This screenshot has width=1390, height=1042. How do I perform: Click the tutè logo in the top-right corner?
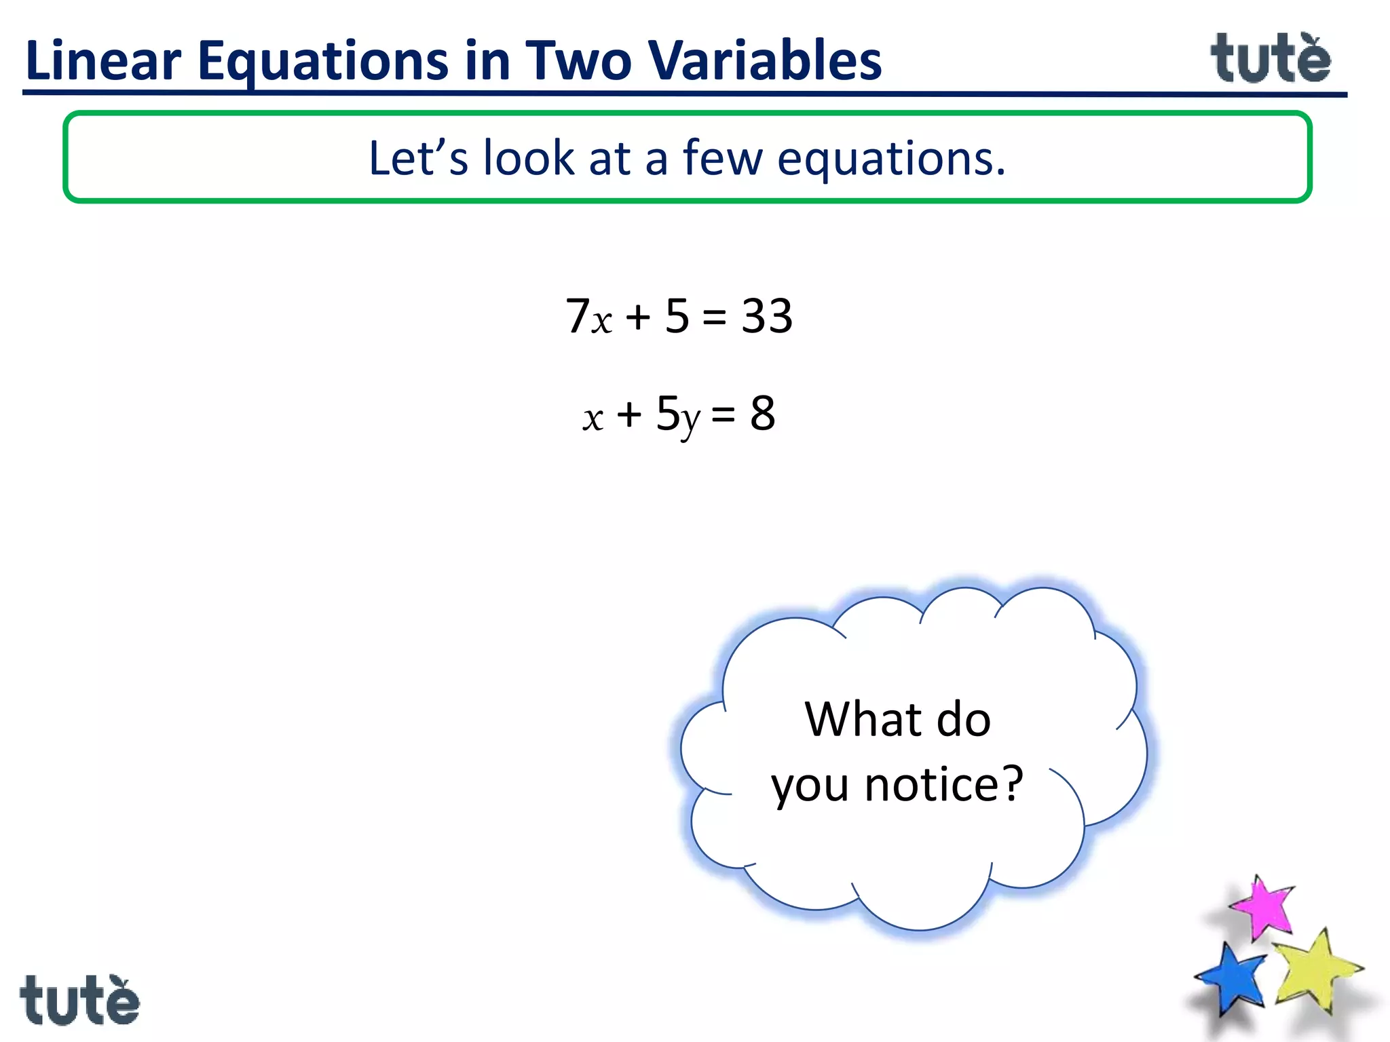point(1271,59)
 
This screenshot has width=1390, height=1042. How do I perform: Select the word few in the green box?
point(723,158)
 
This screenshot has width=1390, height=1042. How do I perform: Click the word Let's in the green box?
point(418,158)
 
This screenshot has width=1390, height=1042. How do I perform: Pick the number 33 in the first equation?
point(767,316)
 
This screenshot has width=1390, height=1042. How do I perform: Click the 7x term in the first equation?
point(588,317)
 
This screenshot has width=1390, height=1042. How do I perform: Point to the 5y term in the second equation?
point(677,415)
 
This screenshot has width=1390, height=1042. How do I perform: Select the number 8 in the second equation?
point(762,414)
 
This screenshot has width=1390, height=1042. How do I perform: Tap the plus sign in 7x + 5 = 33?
point(638,317)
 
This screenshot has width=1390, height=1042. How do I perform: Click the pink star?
point(1262,908)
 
